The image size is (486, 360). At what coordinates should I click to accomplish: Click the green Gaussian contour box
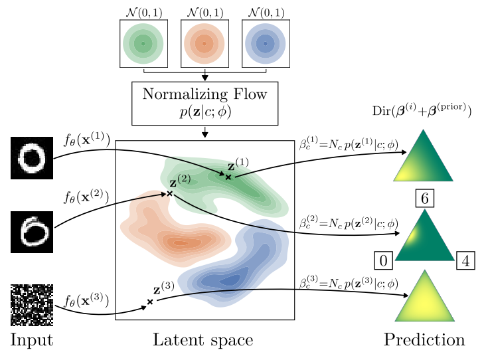pyautogui.click(x=143, y=44)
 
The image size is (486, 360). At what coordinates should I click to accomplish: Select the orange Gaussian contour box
pyautogui.click(x=204, y=44)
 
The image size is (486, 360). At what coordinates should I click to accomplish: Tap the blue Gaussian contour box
pyautogui.click(x=265, y=44)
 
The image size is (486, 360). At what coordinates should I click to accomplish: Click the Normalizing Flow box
pyautogui.click(x=204, y=103)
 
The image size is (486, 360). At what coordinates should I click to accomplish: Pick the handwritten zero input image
pyautogui.click(x=31, y=159)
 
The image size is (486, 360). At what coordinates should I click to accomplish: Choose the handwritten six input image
pyautogui.click(x=31, y=231)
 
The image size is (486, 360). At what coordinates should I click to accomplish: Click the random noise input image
pyautogui.click(x=31, y=305)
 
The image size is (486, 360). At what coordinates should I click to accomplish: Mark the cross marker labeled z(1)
pyautogui.click(x=228, y=177)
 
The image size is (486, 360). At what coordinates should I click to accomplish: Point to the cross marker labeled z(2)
pyautogui.click(x=169, y=193)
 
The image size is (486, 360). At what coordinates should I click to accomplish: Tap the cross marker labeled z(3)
pyautogui.click(x=150, y=302)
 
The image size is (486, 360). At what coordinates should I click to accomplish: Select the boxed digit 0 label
pyautogui.click(x=383, y=261)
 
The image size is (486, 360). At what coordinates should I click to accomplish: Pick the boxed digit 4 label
pyautogui.click(x=465, y=261)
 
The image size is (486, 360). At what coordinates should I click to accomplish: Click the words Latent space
pyautogui.click(x=202, y=340)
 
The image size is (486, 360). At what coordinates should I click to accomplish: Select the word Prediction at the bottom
pyautogui.click(x=424, y=340)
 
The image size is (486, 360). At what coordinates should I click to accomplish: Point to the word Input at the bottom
pyautogui.click(x=31, y=341)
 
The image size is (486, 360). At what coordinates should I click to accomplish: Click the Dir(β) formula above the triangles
pyautogui.click(x=422, y=112)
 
